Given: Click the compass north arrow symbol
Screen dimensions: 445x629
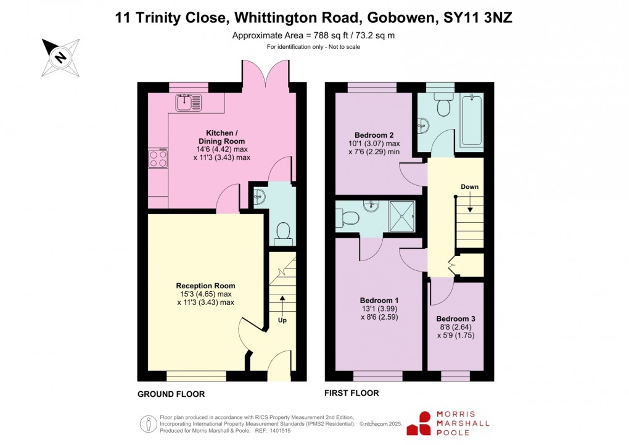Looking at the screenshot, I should pos(60,57).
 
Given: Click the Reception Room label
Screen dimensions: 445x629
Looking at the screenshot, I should pos(205,286).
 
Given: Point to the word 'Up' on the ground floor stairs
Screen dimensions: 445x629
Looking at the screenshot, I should pos(282,320).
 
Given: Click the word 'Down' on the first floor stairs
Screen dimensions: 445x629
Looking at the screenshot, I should pos(469,186).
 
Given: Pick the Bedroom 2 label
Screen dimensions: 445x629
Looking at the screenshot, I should pos(374,135).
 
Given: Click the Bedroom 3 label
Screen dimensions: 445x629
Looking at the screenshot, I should pos(456,318).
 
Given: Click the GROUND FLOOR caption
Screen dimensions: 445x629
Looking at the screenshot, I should pos(171,394).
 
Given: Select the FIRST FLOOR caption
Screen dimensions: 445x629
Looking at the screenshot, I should pos(352,393).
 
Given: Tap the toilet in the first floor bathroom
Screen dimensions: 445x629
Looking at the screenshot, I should pos(443,106).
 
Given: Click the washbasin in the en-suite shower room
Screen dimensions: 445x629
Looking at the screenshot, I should pos(372,206).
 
